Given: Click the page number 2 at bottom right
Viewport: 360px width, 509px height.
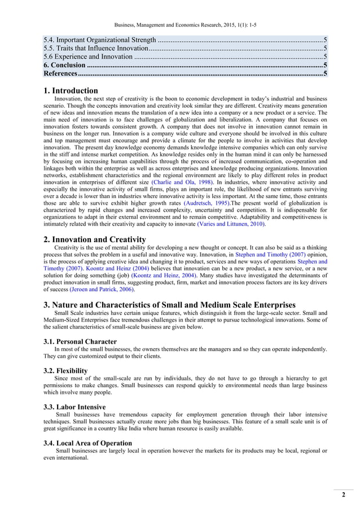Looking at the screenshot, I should tap(343, 495).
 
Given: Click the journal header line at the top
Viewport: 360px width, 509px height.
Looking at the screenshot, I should tap(179, 25).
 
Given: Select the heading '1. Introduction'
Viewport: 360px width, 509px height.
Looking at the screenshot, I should tap(71, 90).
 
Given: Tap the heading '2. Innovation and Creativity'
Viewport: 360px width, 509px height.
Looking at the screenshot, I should tap(94, 240).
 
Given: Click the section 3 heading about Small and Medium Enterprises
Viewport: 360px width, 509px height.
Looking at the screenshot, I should tap(169, 305).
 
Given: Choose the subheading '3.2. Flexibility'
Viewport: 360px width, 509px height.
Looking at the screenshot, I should tap(65, 371).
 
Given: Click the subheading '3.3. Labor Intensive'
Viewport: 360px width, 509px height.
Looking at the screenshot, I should tap(74, 407).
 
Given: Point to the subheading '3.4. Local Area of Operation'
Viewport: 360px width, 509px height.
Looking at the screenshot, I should tap(88, 443).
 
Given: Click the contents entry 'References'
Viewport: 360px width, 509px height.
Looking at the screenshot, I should tap(60, 74).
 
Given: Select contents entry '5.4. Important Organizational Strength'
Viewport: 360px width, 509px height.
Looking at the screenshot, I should tap(100, 40).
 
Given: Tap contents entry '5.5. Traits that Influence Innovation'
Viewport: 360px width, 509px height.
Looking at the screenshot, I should tap(96, 49).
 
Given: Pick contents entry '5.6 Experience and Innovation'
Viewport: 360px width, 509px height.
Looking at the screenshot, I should tap(88, 57).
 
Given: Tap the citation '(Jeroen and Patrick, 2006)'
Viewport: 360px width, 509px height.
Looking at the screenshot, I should tap(102, 289).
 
